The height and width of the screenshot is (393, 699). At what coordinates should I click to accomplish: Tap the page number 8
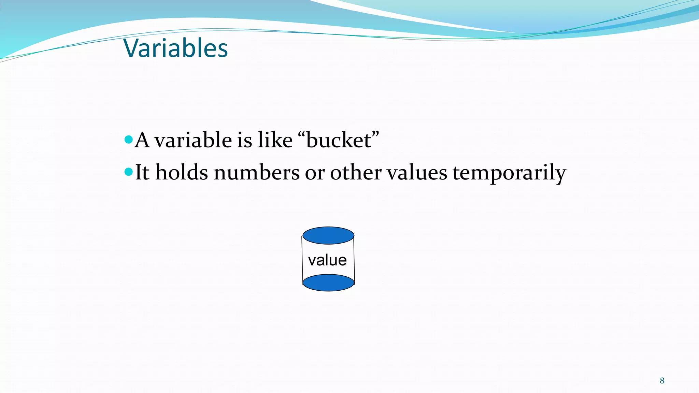click(662, 381)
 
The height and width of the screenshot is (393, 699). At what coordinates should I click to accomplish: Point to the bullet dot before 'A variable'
click(129, 139)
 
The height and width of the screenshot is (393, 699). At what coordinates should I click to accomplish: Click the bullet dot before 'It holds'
click(129, 172)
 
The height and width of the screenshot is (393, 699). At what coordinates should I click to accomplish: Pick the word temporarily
click(509, 173)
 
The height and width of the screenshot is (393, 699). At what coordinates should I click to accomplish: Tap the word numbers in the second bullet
click(256, 172)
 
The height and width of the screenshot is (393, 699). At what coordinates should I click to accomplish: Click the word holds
click(181, 172)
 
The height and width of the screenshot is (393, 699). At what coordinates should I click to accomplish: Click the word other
click(355, 172)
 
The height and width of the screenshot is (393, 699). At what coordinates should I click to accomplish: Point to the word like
click(275, 140)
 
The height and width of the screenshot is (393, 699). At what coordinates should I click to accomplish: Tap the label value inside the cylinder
click(327, 260)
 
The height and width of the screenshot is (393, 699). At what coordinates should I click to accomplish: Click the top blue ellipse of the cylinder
click(328, 235)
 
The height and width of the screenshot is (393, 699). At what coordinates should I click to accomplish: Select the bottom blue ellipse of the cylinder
click(328, 283)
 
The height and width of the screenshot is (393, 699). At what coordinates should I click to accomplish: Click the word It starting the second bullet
click(142, 172)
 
